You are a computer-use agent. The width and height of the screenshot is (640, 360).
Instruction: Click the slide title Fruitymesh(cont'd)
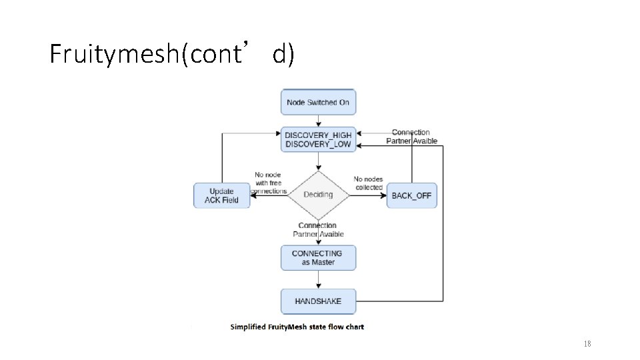coord(171,54)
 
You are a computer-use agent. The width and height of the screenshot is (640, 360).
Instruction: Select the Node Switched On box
coord(318,102)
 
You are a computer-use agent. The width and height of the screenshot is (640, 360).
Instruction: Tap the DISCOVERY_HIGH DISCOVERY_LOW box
coord(318,139)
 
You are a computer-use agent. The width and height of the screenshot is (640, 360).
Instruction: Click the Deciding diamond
coord(318,195)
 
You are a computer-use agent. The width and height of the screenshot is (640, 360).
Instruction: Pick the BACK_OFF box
coord(411,195)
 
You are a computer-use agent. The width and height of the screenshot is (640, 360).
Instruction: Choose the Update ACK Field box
coord(221,195)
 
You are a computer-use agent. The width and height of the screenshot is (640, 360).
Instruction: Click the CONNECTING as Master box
coord(318,257)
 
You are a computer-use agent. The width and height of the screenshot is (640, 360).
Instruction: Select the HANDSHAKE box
coord(318,301)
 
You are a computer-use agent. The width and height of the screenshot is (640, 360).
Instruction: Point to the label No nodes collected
coord(369,183)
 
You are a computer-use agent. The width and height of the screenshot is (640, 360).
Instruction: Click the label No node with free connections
coord(267,183)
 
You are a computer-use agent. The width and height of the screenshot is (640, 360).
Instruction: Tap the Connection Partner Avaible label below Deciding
coord(318,230)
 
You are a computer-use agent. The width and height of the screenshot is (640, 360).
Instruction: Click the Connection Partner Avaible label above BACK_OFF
coord(411,137)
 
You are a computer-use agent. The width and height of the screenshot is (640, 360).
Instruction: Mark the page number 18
coord(587,343)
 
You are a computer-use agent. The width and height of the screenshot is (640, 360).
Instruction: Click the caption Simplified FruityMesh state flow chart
coord(297,327)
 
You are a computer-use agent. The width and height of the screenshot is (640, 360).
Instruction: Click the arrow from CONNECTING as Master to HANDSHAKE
coord(318,279)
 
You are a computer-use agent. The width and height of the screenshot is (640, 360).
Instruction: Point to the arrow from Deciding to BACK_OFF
coord(369,195)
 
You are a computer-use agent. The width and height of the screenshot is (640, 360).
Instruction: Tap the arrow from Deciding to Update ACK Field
coord(268,195)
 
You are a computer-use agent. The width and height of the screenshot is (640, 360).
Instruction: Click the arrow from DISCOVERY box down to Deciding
coord(318,161)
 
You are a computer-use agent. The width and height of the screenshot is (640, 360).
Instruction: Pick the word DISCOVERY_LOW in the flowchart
coord(318,145)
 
